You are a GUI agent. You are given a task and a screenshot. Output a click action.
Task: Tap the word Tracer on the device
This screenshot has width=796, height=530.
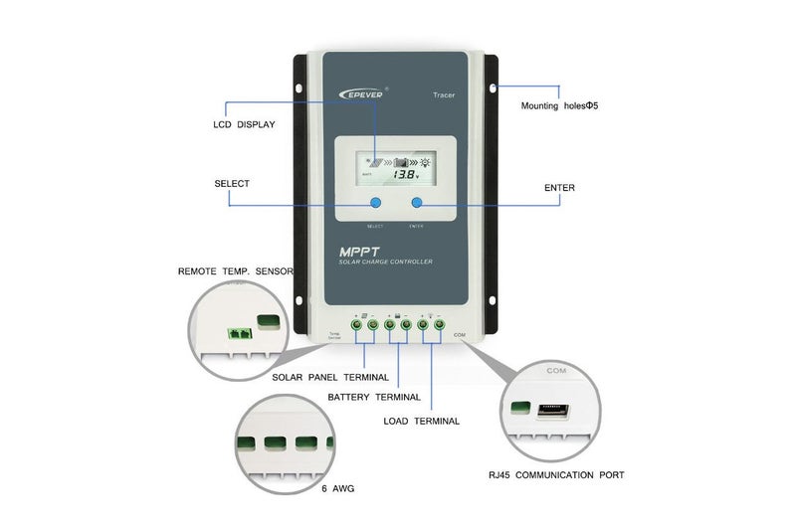tap(444, 94)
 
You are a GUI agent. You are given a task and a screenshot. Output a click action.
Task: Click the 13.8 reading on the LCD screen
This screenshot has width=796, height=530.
tap(407, 174)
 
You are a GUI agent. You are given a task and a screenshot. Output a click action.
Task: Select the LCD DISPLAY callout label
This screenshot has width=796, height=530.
tap(244, 125)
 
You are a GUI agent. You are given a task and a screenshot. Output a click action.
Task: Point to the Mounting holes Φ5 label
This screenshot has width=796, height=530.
tap(560, 105)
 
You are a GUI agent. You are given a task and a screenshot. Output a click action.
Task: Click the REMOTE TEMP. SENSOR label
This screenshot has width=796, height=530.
tap(237, 270)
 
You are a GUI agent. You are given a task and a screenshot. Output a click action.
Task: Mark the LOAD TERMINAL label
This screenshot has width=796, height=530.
tap(421, 421)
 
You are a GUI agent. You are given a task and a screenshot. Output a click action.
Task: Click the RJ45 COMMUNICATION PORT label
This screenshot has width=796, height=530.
tap(556, 475)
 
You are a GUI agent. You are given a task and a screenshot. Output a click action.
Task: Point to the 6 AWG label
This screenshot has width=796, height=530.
tap(337, 489)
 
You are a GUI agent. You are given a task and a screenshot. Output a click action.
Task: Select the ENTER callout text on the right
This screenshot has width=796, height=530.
tap(558, 187)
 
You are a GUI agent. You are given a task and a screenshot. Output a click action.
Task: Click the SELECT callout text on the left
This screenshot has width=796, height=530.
tap(232, 184)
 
